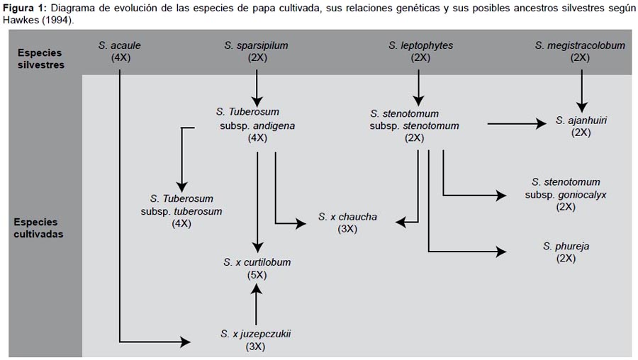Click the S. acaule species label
point(119,45)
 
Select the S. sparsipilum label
point(256,45)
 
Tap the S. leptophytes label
point(420,45)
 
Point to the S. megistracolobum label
point(580,45)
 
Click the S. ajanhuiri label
point(581,120)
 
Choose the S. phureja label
point(566,246)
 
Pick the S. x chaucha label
point(347,216)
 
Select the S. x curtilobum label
point(257,262)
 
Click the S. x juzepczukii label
point(255,334)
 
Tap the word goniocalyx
point(582,195)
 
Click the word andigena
point(274,125)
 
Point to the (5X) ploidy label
point(257,275)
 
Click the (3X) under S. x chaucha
point(347,229)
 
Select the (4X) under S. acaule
point(121,57)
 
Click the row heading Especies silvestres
point(40,59)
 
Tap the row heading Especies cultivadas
point(38,227)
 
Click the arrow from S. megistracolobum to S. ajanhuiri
point(581,91)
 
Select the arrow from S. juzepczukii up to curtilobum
point(256,304)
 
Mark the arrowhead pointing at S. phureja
point(501,252)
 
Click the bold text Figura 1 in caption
point(25,8)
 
